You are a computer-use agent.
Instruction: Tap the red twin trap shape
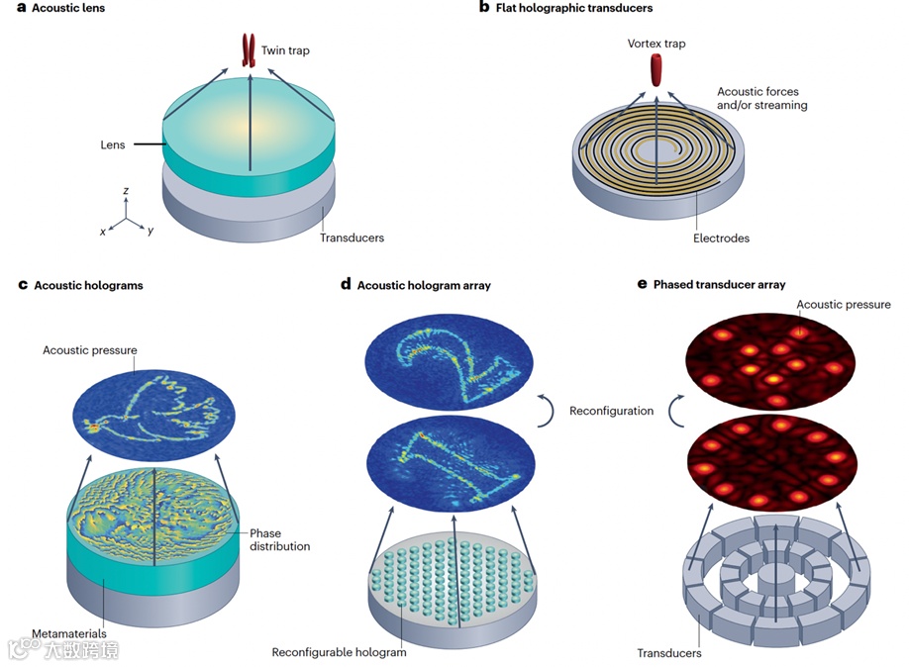(249, 50)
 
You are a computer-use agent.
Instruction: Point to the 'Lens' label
(113, 145)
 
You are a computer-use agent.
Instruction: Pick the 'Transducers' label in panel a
(352, 238)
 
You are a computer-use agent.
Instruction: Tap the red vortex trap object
(656, 69)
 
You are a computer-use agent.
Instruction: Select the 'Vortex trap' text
(656, 45)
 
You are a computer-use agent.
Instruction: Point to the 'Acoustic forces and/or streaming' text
(761, 99)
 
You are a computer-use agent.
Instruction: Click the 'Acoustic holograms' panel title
(88, 286)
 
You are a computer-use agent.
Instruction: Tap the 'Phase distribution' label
(280, 540)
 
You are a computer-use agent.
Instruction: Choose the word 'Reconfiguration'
(611, 411)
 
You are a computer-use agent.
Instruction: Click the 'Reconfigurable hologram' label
(339, 652)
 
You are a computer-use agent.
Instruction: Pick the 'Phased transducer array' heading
(720, 285)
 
